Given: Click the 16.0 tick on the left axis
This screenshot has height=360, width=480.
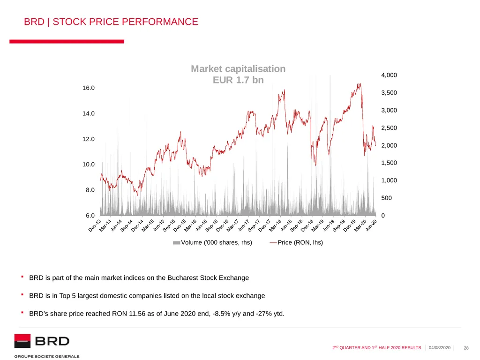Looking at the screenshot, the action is click(89, 88).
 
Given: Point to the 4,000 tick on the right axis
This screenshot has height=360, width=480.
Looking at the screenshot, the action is click(389, 75).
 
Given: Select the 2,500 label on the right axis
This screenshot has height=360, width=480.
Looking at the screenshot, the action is click(389, 128).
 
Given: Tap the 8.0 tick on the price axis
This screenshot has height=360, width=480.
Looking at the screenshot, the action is click(90, 190).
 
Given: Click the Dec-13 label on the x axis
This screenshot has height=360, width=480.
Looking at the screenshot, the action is click(95, 225).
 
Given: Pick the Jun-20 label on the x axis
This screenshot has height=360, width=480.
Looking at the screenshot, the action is click(371, 225).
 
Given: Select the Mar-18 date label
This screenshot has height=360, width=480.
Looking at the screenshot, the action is click(275, 225).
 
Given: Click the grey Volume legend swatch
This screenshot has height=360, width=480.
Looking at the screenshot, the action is click(176, 243).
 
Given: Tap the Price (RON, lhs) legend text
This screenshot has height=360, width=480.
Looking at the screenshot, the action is click(300, 242).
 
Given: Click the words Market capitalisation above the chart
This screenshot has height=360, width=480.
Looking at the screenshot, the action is click(238, 69).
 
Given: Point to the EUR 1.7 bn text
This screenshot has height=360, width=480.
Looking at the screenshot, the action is click(238, 80).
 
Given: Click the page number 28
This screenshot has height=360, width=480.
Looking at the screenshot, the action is click(466, 348).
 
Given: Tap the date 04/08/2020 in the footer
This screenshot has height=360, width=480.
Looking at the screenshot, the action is click(440, 348).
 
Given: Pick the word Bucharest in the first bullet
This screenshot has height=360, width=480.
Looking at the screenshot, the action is click(183, 277).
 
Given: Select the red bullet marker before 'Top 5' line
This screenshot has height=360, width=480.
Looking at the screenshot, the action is click(22, 294).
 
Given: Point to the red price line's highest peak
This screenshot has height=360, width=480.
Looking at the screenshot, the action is click(360, 83).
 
